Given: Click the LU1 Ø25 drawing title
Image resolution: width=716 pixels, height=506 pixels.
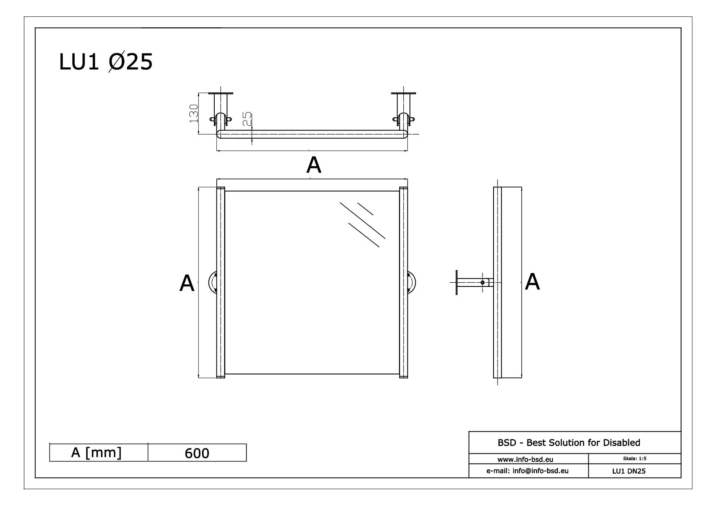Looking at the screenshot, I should [x=106, y=62].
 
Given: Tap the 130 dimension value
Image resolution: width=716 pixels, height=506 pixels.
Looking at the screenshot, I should [x=193, y=113].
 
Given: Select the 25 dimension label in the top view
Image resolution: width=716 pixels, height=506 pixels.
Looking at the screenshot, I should [x=247, y=120].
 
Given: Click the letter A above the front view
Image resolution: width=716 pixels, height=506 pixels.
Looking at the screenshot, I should [x=314, y=165].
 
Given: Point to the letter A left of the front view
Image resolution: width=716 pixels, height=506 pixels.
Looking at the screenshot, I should [x=187, y=283].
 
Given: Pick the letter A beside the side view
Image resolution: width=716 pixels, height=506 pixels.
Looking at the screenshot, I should [x=532, y=282].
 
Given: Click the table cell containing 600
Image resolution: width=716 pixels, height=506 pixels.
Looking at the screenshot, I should [x=197, y=453].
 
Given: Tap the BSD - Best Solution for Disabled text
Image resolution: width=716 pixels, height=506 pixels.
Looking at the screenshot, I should [x=569, y=442].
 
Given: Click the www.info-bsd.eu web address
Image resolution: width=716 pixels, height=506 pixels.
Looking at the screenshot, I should [x=525, y=459].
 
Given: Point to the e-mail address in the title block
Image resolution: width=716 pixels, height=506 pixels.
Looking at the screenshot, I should [x=527, y=470].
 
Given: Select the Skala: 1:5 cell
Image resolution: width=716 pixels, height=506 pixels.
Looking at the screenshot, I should [x=634, y=459].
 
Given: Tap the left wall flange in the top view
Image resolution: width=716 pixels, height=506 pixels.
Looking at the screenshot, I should [x=221, y=93].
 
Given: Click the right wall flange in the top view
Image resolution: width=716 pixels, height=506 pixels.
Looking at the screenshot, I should [x=403, y=93].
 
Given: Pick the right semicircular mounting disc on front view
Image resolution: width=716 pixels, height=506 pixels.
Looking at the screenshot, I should [x=412, y=282].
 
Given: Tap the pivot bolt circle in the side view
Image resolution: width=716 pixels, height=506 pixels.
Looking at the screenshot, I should [x=483, y=282].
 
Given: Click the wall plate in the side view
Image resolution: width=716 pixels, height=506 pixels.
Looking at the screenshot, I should [x=456, y=282].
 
